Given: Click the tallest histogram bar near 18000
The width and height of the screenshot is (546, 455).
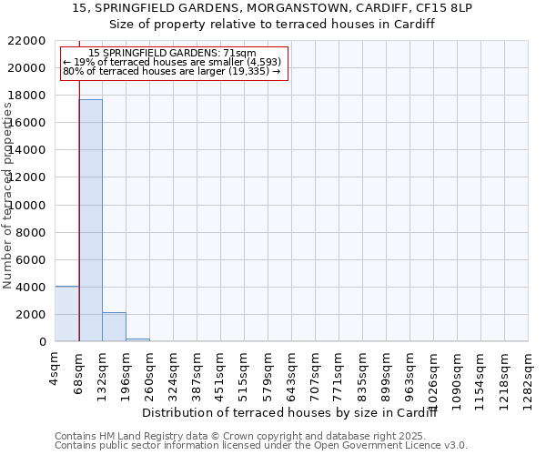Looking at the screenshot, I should [x=90, y=220].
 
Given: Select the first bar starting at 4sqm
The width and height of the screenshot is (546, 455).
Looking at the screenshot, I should [x=66, y=314].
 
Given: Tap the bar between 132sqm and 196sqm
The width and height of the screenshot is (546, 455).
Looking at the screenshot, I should [x=114, y=327].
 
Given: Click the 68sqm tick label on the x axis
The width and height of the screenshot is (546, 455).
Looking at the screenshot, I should [x=79, y=370].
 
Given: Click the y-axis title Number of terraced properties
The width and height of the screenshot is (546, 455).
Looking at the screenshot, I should [x=9, y=196].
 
